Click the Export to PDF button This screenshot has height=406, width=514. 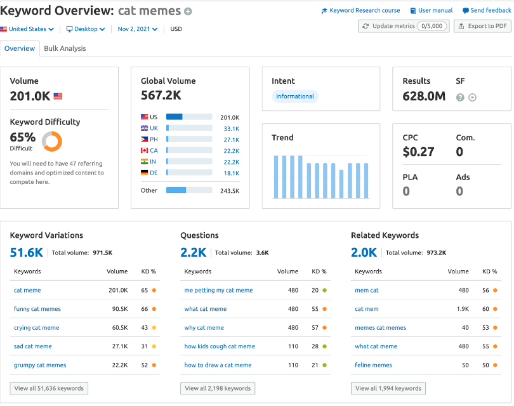482,26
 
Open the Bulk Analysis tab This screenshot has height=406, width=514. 65,48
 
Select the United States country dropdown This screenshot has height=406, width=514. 27,29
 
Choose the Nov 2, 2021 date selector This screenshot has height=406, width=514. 137,29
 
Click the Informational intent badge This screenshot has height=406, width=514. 294,96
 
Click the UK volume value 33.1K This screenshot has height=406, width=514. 232,129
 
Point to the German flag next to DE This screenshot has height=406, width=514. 144,173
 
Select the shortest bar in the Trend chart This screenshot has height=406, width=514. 341,184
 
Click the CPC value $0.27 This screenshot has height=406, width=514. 418,152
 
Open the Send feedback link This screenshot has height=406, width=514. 487,11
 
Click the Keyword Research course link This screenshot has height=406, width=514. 360,11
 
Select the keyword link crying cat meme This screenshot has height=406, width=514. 36,328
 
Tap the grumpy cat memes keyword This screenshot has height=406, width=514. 40,365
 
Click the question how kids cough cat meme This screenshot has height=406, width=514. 220,346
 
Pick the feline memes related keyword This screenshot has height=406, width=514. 373,365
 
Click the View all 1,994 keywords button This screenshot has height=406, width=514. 388,388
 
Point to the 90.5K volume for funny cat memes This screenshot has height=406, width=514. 120,309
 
